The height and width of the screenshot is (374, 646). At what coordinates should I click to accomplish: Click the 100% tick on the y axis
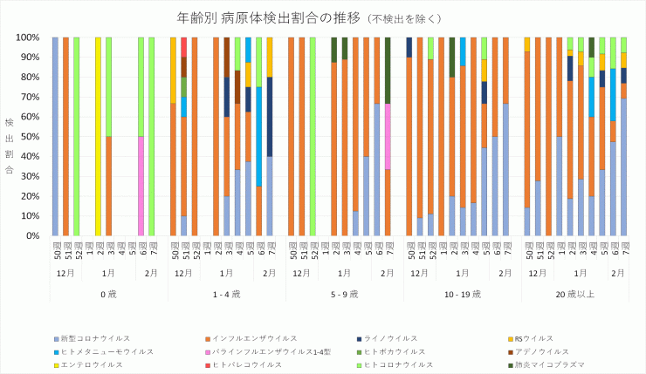(x=29, y=37)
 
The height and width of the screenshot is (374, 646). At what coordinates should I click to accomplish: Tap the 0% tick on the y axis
(x=34, y=235)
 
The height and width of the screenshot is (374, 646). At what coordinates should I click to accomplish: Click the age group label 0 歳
(x=108, y=294)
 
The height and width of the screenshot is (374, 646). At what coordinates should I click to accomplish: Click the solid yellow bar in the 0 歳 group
(x=98, y=136)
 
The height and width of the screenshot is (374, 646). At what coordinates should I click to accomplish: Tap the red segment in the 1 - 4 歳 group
(x=183, y=47)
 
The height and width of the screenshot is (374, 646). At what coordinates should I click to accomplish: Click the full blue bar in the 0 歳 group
(x=55, y=136)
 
